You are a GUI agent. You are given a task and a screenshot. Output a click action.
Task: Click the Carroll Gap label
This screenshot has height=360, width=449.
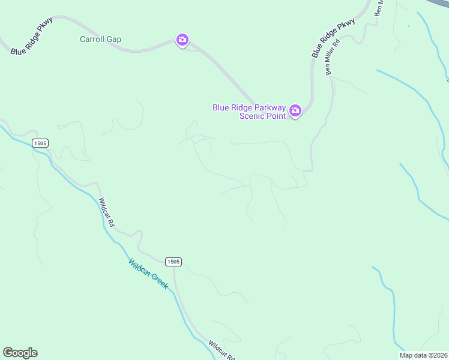(x=101, y=40)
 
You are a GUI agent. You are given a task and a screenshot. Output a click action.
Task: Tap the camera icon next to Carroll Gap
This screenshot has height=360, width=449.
(x=182, y=40)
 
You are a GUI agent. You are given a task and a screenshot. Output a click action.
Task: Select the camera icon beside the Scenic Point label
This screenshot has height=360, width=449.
(x=295, y=110)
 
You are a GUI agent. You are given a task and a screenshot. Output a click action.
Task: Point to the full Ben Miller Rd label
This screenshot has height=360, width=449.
(x=332, y=58)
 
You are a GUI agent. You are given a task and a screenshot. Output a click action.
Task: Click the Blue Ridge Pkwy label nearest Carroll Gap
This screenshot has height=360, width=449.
(x=32, y=37)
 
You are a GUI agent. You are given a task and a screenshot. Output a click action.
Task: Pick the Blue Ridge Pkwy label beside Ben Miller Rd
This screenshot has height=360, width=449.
(x=333, y=38)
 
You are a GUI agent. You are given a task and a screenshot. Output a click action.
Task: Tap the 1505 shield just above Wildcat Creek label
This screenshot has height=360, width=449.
(x=173, y=262)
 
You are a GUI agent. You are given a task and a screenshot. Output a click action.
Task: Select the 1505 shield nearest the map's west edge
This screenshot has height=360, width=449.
(x=40, y=143)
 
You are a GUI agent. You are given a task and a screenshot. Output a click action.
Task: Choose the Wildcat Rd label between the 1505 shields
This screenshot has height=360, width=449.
(x=107, y=212)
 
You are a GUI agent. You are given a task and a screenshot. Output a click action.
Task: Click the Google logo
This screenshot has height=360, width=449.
(x=20, y=353)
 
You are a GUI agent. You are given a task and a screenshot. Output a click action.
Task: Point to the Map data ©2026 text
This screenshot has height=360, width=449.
(x=423, y=355)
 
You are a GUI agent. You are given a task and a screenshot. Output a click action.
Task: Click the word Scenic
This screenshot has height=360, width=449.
(x=252, y=116)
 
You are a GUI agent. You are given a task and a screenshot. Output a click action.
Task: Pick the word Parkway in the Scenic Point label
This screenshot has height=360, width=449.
(x=268, y=107)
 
